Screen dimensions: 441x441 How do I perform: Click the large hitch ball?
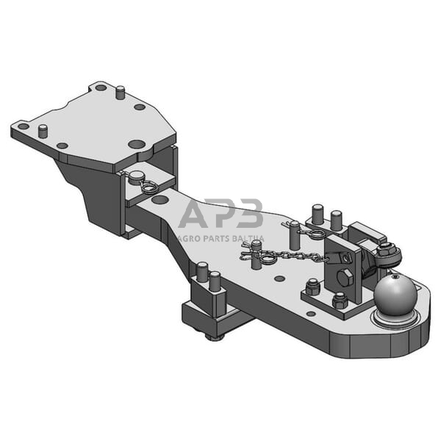click(395, 293)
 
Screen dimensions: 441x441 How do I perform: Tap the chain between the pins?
click(301, 255)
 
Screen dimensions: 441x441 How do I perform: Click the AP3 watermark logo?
click(220, 214)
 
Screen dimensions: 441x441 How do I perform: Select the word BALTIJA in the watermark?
click(249, 238)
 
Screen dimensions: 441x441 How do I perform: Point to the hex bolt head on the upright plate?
click(346, 279)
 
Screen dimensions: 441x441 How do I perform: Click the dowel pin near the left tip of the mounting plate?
click(43, 131)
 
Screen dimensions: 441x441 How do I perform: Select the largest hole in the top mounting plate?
click(136, 144)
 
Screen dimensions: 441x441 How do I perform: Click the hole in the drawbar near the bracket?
click(159, 199)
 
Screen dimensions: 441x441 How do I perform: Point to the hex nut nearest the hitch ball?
click(340, 301)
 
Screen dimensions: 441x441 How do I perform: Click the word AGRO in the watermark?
click(193, 238)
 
